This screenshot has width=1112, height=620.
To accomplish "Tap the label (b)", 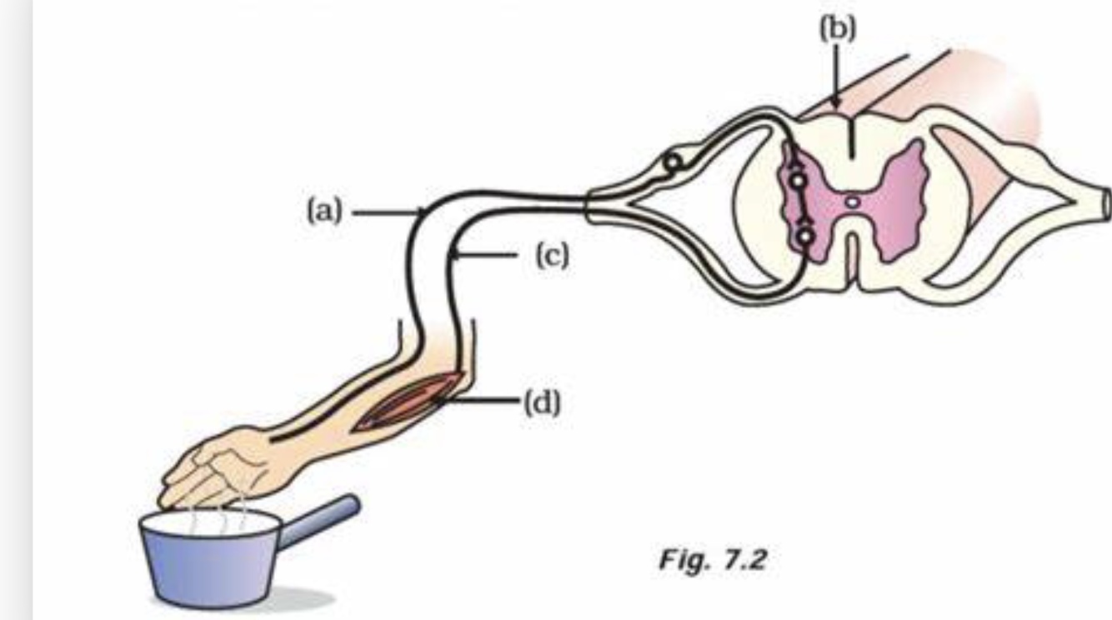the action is (x=836, y=29).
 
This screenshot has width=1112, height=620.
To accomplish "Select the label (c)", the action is (x=552, y=257).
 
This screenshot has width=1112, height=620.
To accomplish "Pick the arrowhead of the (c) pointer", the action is (x=452, y=257).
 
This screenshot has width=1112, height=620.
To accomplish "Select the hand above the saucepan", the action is (x=217, y=467).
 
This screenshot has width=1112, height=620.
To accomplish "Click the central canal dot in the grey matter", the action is (x=851, y=201).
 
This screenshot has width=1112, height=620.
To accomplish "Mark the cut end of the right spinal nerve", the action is (x=1105, y=201).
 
